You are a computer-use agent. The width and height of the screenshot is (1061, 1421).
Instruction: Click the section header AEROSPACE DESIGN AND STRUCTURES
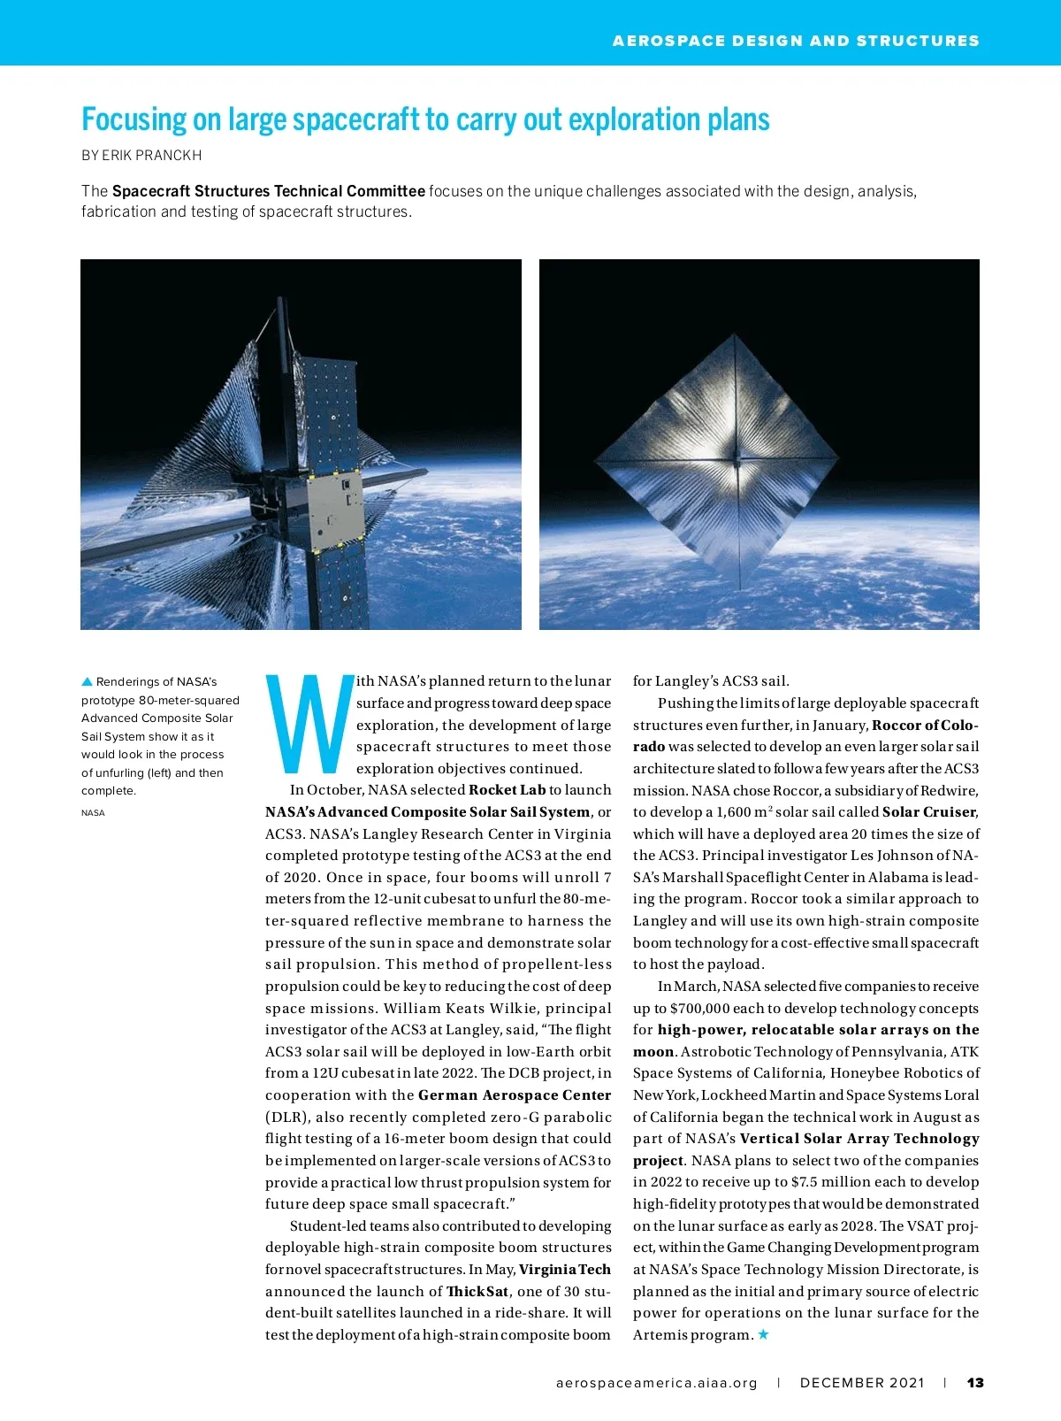coord(796,41)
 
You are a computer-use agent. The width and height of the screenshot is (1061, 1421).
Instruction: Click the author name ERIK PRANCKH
coord(151,156)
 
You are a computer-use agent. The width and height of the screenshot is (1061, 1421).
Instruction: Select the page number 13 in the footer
coord(975,1383)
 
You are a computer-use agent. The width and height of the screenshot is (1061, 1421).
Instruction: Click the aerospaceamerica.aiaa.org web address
coord(657,1383)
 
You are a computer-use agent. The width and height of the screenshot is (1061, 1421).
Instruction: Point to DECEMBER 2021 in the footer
coord(862,1383)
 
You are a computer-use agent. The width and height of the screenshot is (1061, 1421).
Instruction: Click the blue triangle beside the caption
coord(87,682)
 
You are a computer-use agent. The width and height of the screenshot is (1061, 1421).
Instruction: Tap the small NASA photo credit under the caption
coord(93,813)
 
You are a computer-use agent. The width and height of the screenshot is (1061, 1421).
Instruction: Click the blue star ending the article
coord(764,1334)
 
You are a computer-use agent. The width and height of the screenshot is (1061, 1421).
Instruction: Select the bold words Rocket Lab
coord(507,790)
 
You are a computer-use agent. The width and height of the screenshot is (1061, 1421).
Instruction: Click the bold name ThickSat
coord(477,1291)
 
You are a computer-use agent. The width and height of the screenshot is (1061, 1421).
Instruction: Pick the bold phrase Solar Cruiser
coord(929,811)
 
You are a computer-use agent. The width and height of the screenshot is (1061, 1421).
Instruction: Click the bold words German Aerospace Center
coord(515,1095)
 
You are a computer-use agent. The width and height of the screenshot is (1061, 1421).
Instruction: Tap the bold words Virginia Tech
coord(565,1269)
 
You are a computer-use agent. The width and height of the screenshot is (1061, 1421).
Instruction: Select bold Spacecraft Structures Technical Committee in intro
coord(268,191)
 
